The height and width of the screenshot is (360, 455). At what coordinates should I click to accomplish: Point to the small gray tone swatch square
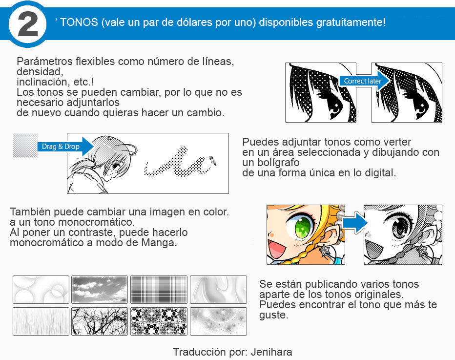tap(25, 146)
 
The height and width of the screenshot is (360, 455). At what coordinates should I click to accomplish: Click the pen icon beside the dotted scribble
tap(213, 160)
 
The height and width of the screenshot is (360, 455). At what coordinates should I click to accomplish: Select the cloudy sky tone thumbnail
tap(100, 290)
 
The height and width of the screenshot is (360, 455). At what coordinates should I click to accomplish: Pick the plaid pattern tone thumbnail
tap(159, 290)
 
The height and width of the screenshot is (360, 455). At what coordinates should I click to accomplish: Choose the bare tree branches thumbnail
tap(100, 321)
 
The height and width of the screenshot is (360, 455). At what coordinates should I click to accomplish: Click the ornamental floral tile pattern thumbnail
tap(159, 321)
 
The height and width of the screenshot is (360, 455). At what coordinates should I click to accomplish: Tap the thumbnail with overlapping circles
tap(41, 290)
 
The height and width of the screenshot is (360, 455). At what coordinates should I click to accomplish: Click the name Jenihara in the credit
tap(273, 352)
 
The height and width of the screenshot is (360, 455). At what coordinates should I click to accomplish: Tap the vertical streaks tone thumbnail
tap(41, 321)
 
